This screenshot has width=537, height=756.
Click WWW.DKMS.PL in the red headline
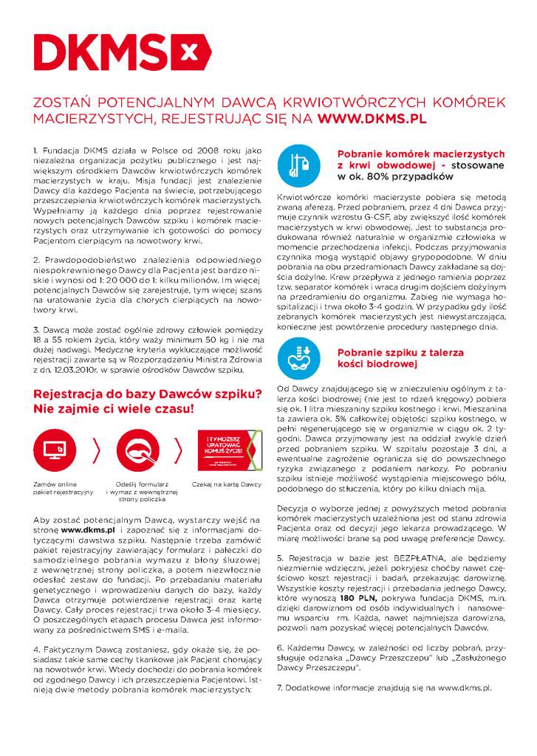pos(373,117)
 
